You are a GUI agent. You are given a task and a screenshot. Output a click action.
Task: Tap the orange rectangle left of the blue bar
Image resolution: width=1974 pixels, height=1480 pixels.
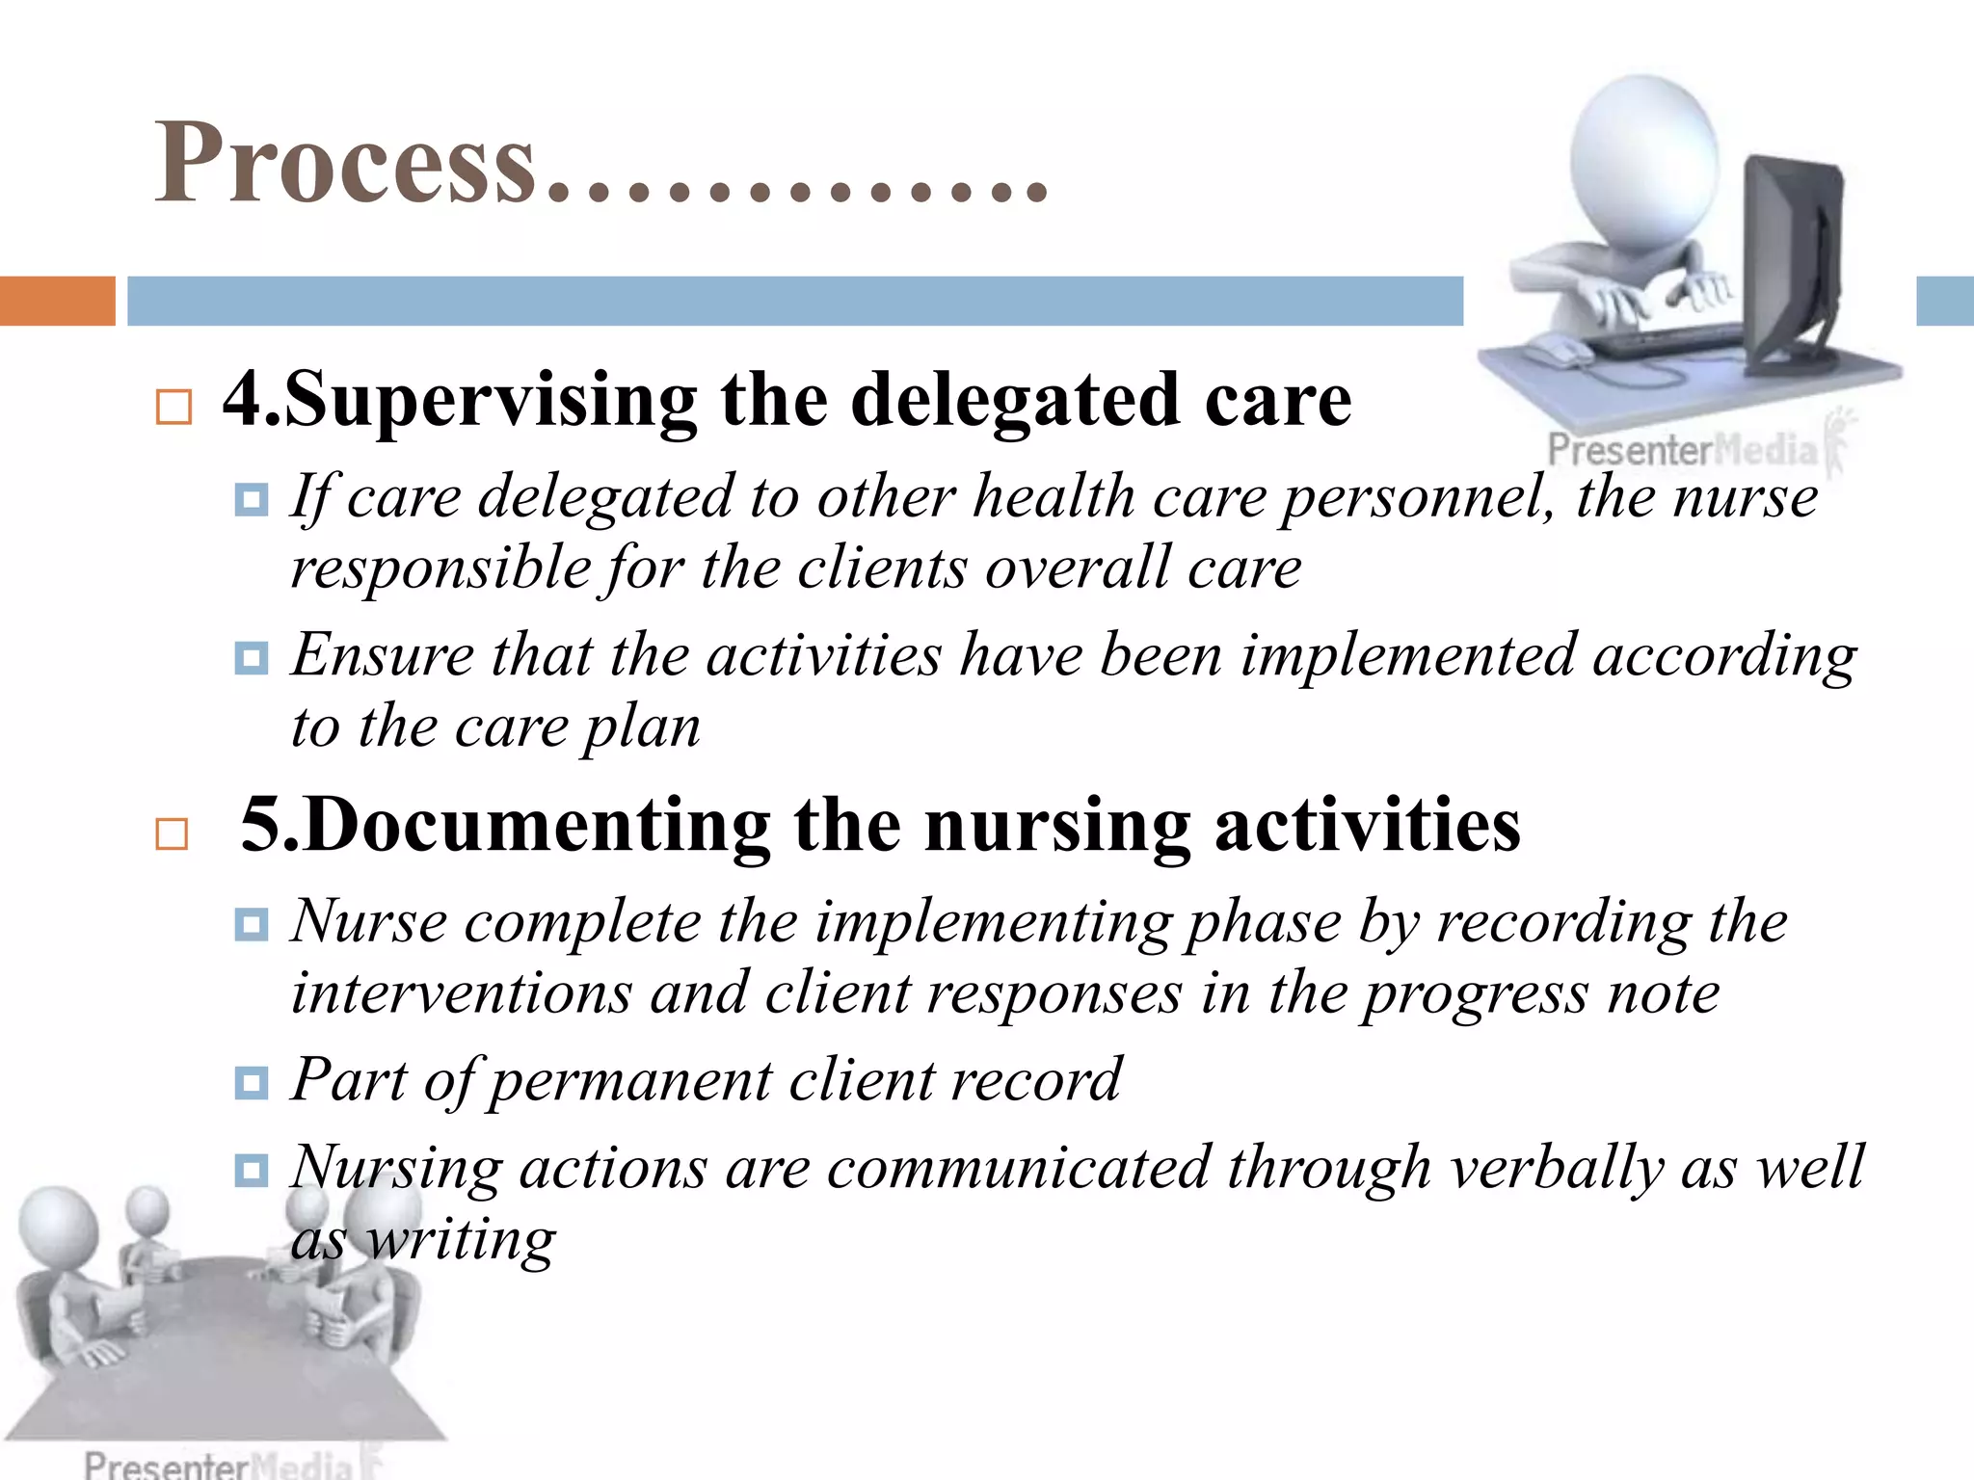[57, 301]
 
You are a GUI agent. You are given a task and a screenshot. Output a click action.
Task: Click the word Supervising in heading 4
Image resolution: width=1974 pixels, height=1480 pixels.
[490, 401]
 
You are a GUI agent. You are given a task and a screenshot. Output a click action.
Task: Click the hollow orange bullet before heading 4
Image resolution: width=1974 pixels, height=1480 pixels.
[173, 408]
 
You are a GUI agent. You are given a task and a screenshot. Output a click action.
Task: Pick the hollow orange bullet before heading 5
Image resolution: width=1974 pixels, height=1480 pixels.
[172, 833]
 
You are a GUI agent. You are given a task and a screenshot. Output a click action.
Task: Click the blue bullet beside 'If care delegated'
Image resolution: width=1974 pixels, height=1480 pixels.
[252, 500]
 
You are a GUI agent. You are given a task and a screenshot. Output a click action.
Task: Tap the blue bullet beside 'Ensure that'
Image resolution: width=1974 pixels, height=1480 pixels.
[252, 659]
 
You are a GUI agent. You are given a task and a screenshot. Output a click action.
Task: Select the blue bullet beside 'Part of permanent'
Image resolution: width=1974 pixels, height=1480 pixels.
[252, 1083]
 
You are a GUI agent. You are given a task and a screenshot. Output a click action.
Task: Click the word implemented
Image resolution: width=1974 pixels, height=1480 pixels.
[1407, 657]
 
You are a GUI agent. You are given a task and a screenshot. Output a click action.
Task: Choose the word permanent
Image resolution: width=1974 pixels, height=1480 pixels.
[631, 1081]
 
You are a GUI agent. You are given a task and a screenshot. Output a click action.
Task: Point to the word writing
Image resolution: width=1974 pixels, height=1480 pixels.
[462, 1240]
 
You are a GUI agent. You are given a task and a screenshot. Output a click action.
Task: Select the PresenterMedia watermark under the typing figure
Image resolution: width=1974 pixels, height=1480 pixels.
[1682, 450]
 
